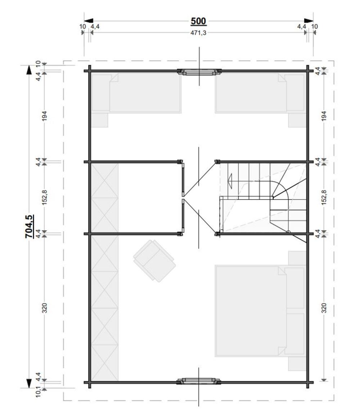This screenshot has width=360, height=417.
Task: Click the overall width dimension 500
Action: coord(198,21)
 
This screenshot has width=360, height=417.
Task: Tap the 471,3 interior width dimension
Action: coord(198,33)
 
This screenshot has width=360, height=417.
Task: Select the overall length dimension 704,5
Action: coord(29,226)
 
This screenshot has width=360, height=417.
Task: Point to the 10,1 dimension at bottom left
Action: coord(38,392)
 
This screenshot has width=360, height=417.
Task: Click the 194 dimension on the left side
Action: coord(44,116)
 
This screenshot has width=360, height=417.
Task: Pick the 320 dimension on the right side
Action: coord(324,308)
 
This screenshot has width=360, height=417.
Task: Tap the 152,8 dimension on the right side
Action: coord(324,197)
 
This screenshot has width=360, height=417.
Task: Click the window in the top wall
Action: coord(199,72)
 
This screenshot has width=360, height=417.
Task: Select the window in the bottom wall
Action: coord(199,381)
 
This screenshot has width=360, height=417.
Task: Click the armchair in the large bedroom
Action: coord(154,260)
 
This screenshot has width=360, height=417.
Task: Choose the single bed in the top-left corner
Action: coord(136,93)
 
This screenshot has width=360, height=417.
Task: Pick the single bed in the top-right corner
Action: coord(260,93)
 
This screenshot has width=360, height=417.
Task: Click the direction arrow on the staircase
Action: coord(230,181)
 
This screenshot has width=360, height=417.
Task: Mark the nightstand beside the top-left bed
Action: coord(99,120)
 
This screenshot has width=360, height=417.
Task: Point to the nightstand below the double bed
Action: coord(297,363)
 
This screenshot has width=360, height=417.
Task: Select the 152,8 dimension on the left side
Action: coord(44,197)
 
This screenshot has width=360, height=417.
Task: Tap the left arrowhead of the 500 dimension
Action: coord(89,21)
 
